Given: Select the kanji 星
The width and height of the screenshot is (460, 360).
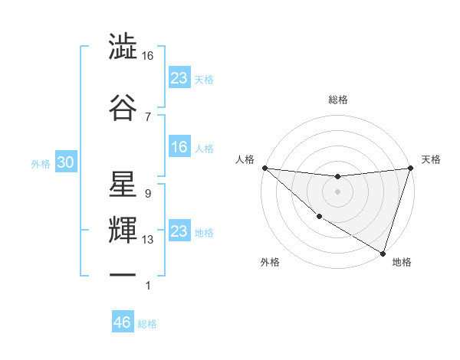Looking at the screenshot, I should point(123,184).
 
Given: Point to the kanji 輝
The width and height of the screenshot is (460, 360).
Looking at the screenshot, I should point(123,230).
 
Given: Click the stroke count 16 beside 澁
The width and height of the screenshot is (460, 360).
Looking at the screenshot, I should point(148,56).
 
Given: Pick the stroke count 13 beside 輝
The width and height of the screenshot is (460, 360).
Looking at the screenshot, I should point(148,240).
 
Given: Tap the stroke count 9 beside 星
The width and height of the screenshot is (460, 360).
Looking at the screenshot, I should point(147,194).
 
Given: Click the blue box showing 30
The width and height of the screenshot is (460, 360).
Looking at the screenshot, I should point(64,163).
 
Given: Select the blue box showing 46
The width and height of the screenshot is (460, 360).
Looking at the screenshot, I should point(123,322).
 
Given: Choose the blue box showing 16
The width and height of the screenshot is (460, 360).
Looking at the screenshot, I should point(179,148).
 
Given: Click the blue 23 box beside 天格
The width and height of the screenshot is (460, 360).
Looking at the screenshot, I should point(179,78).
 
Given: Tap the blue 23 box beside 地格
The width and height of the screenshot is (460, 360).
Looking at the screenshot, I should point(179,231).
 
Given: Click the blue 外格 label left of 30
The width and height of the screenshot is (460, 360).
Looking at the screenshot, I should point(41,164).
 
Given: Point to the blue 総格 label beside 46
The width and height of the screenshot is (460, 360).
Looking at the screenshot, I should point(147,324).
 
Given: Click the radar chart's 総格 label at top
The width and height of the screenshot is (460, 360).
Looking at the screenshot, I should point(337,100).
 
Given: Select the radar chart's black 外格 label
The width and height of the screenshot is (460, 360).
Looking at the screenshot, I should point(270,262).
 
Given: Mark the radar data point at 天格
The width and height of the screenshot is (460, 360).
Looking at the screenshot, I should point(410,168).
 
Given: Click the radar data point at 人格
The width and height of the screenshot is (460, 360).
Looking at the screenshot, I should point(264,168).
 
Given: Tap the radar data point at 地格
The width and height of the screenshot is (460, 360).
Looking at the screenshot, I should point(383,253).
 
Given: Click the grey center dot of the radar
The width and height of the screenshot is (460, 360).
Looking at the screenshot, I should point(337,191).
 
